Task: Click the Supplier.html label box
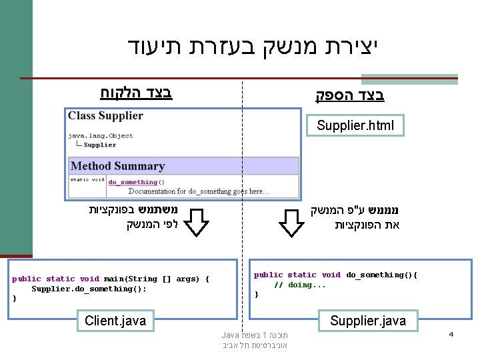(x=355, y=125)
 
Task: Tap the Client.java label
(x=115, y=321)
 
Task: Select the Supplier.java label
(x=367, y=321)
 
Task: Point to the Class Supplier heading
(x=105, y=115)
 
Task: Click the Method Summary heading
(x=117, y=166)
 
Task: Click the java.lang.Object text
(x=100, y=135)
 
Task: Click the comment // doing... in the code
(x=300, y=285)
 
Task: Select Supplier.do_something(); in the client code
(x=89, y=289)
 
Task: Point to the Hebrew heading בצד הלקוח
(x=136, y=92)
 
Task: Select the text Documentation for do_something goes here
(x=198, y=191)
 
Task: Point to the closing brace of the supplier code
(x=256, y=294)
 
